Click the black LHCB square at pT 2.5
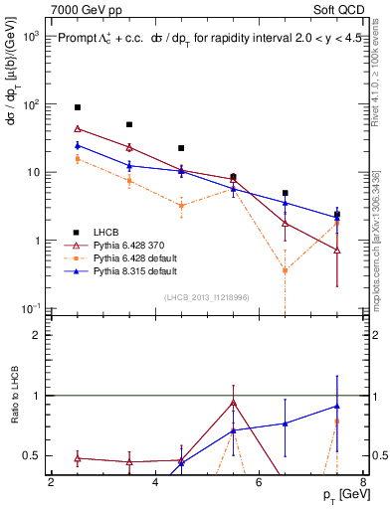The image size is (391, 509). pos(78,107)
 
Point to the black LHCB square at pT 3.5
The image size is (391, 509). pos(129,125)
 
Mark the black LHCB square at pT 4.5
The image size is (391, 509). pos(181,148)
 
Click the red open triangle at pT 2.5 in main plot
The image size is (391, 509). pos(78,128)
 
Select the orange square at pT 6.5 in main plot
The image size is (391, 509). pos(285,270)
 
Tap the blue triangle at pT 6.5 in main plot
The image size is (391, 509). pos(285,203)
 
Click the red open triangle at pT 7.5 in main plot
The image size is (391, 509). pos(337,251)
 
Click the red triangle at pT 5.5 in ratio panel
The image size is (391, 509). pos(233,403)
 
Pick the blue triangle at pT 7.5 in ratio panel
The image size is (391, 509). pos(337,406)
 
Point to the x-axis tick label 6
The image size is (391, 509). pos(259,483)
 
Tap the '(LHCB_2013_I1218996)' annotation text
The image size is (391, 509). pos(206,297)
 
